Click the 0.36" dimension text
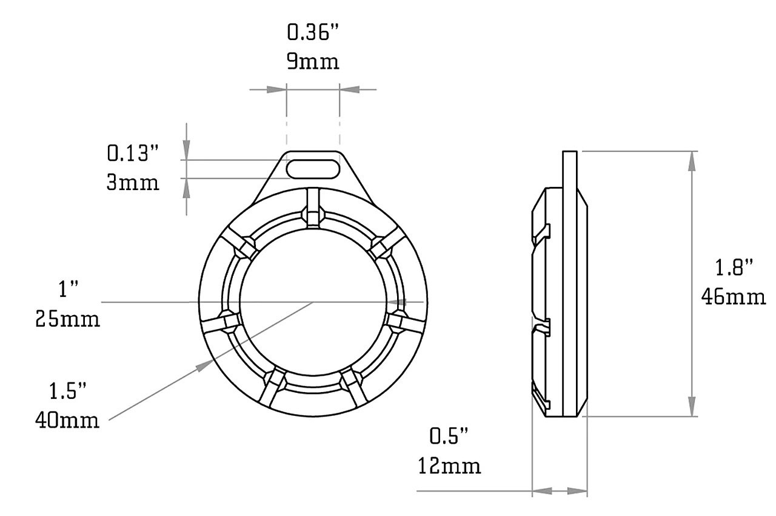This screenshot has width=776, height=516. [x=312, y=33]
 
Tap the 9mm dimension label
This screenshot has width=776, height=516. [x=313, y=62]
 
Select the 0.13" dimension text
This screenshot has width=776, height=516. [x=133, y=153]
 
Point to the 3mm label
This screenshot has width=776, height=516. [x=133, y=182]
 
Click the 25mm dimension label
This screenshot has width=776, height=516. [x=67, y=319]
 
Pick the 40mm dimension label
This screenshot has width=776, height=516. [x=67, y=420]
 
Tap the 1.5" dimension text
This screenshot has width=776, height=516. [x=67, y=391]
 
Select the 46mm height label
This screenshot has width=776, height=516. [x=734, y=297]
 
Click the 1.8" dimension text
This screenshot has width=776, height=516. [x=734, y=267]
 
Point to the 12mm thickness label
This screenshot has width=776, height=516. [x=449, y=466]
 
